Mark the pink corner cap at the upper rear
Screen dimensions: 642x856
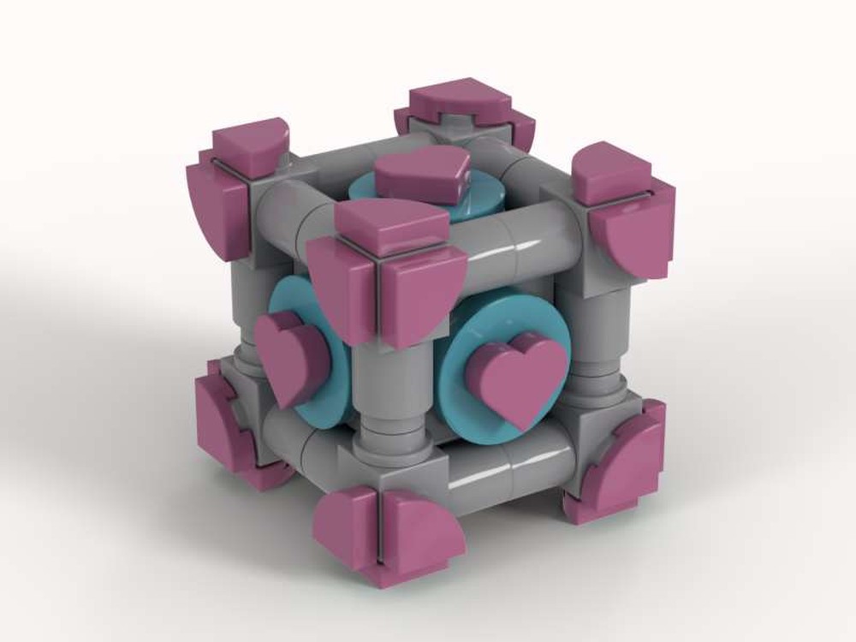tap(467, 107)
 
